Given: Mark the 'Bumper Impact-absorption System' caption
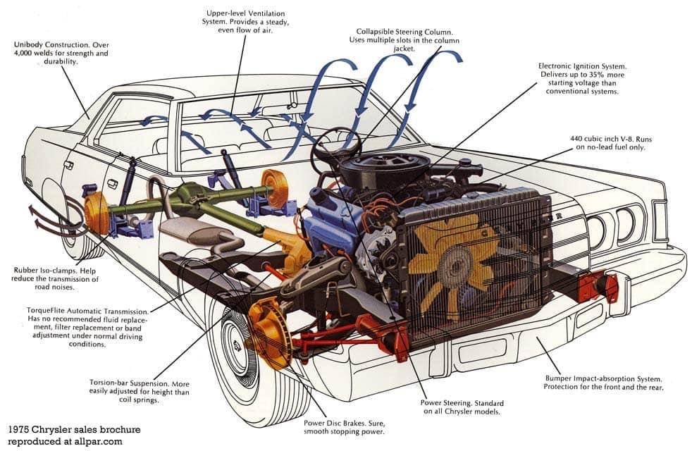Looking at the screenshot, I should (600, 378).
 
